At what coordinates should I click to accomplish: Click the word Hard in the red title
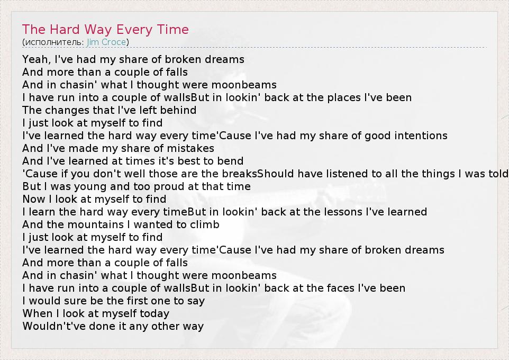pyautogui.click(x=65, y=30)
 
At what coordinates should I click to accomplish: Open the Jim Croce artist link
pyautogui.click(x=106, y=42)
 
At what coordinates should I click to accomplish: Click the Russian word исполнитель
pyautogui.click(x=53, y=42)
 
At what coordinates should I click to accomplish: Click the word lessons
pyautogui.click(x=339, y=212)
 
